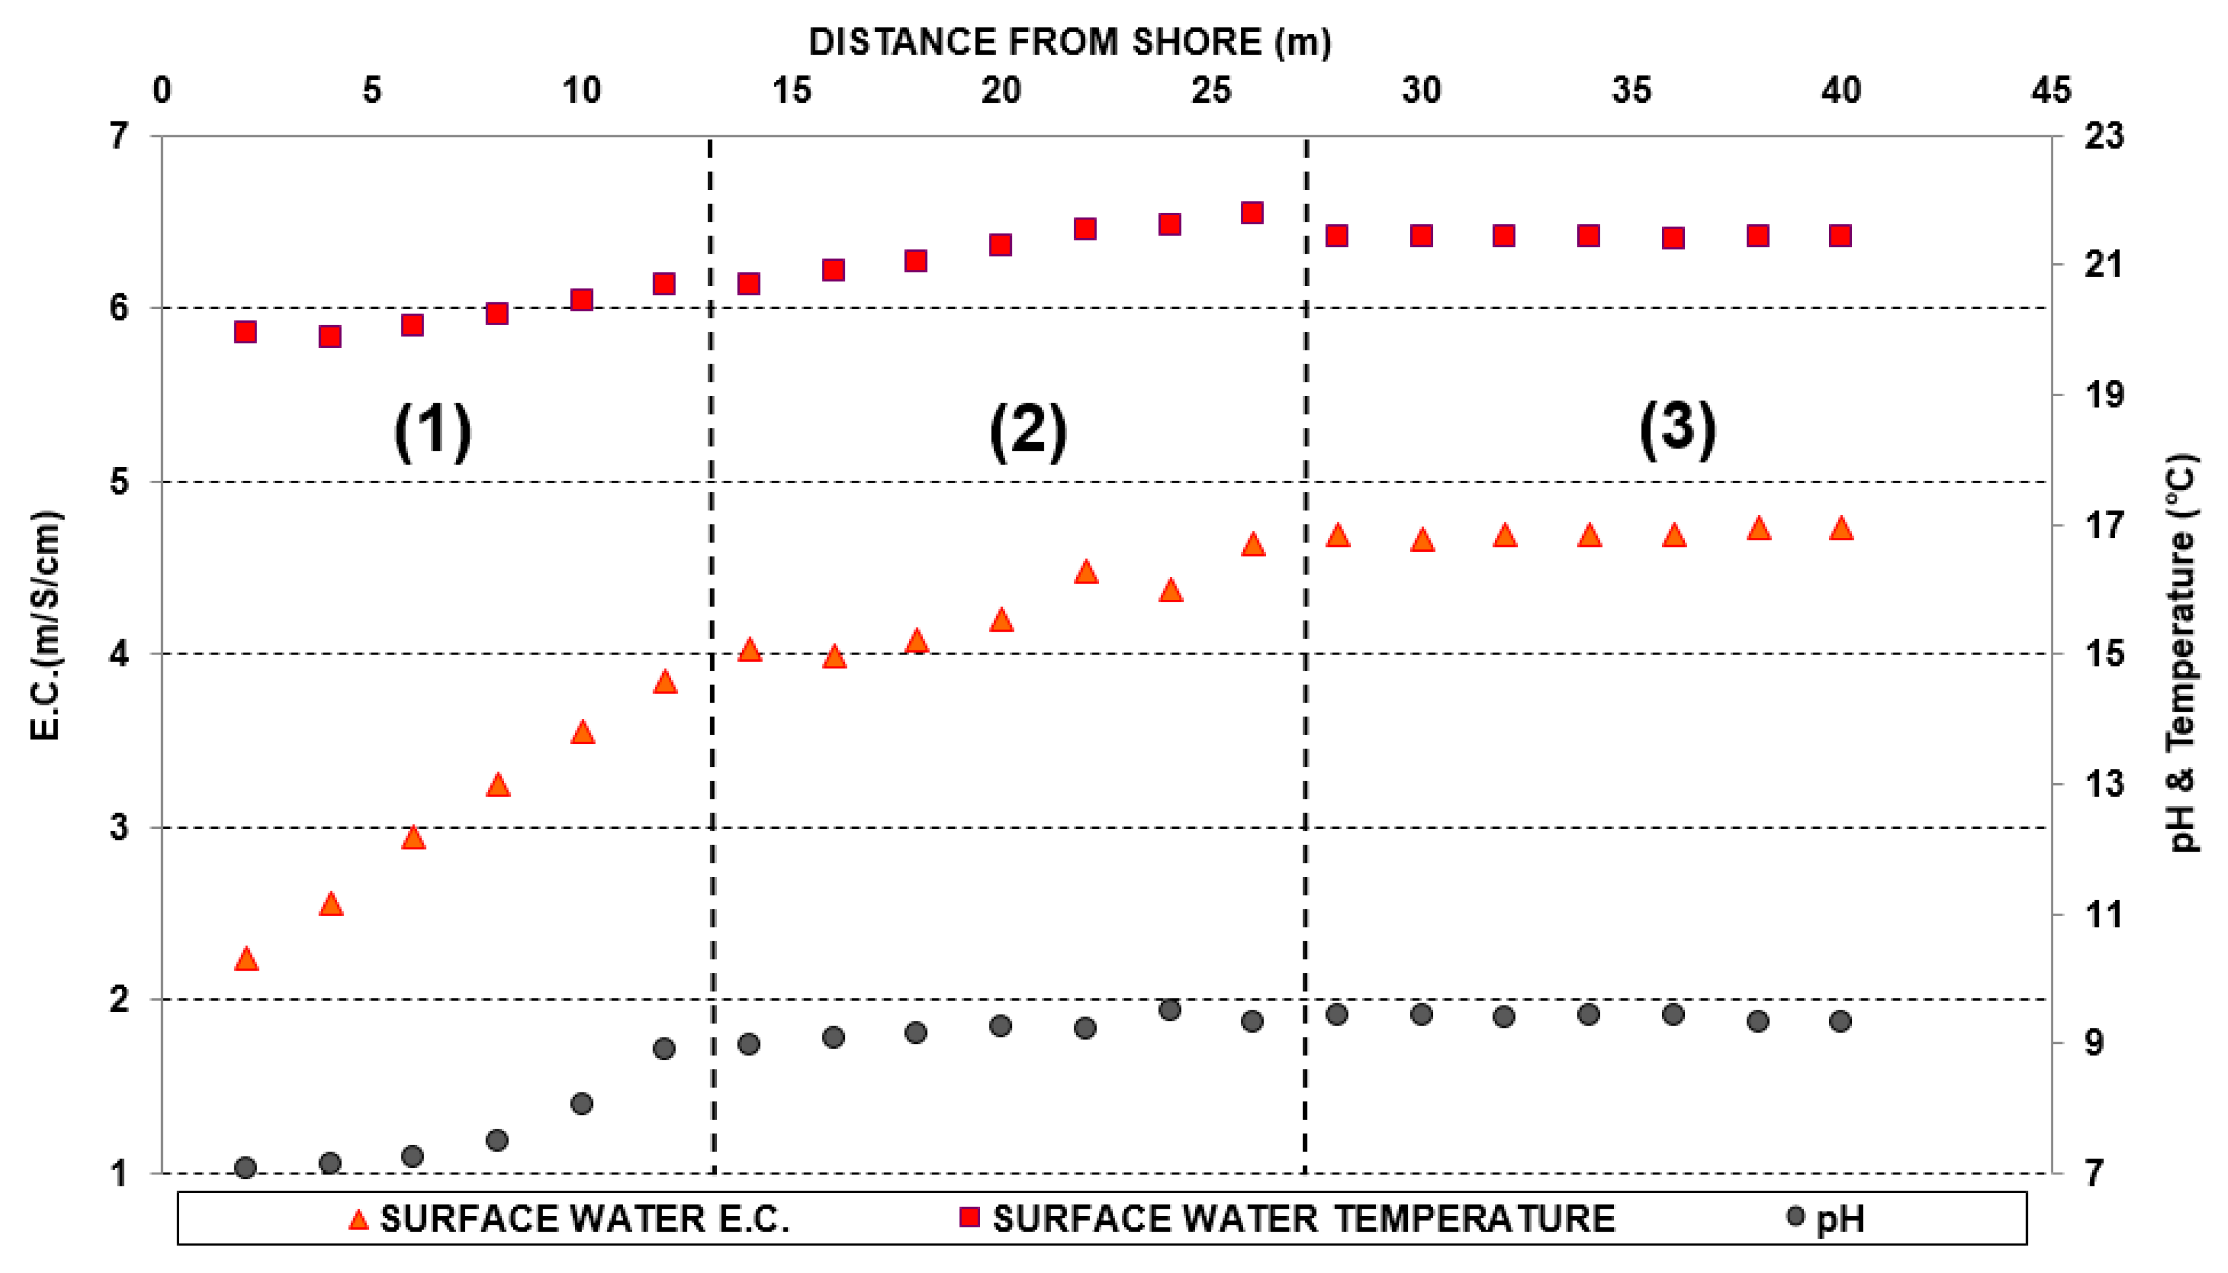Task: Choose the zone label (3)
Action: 1676,429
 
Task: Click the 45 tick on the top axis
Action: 2050,90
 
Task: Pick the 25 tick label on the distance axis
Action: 1211,90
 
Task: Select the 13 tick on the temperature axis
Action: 2103,783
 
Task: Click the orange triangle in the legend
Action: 358,1219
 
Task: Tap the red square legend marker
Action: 969,1217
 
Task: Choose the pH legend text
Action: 1840,1219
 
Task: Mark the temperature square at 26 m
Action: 1252,212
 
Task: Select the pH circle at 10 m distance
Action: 581,1104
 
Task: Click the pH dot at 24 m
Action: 1169,1010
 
